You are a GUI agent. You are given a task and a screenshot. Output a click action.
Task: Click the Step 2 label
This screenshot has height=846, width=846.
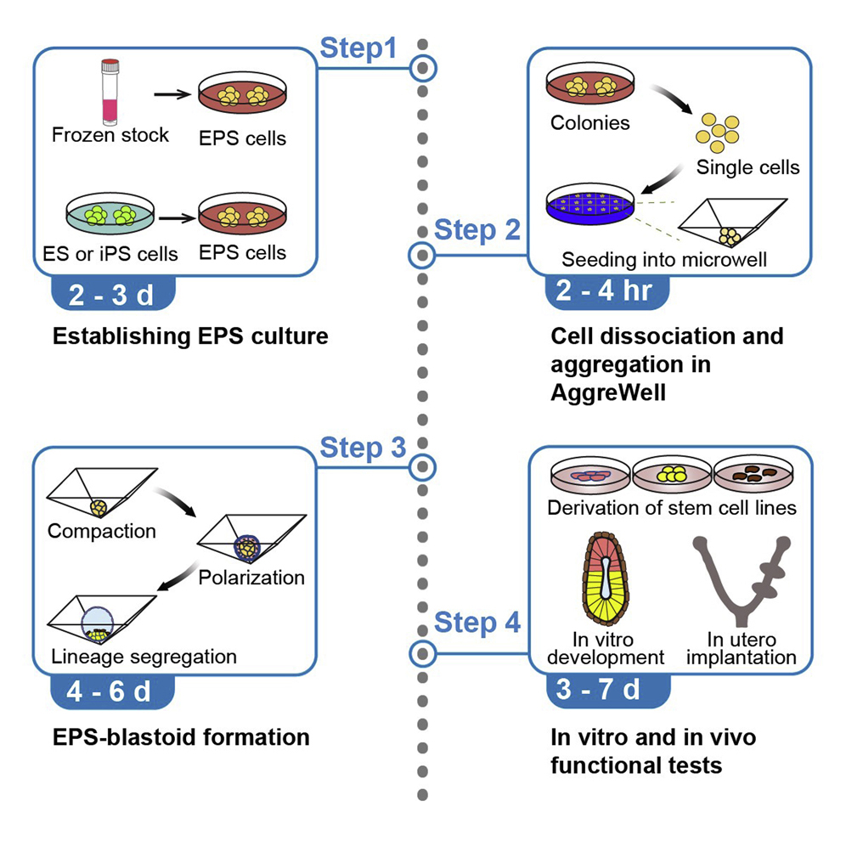pyautogui.click(x=477, y=230)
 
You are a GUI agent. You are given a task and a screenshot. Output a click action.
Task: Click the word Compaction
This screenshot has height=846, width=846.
pyautogui.click(x=102, y=532)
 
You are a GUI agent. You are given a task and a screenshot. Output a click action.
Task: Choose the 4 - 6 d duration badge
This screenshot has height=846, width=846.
pyautogui.click(x=112, y=691)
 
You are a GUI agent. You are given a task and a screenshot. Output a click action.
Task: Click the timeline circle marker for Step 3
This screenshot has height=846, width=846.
pyautogui.click(x=422, y=466)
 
